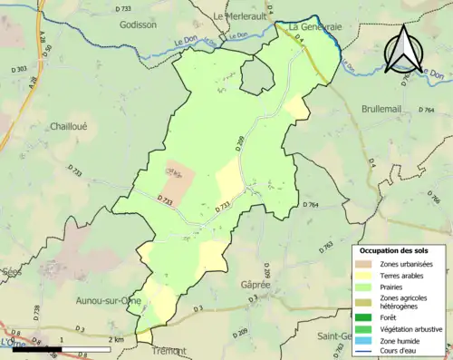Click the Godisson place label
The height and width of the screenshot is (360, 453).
(x=139, y=25)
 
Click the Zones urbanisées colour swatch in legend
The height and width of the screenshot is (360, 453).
(x=365, y=263)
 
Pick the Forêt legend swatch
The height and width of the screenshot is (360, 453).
(x=365, y=316)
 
